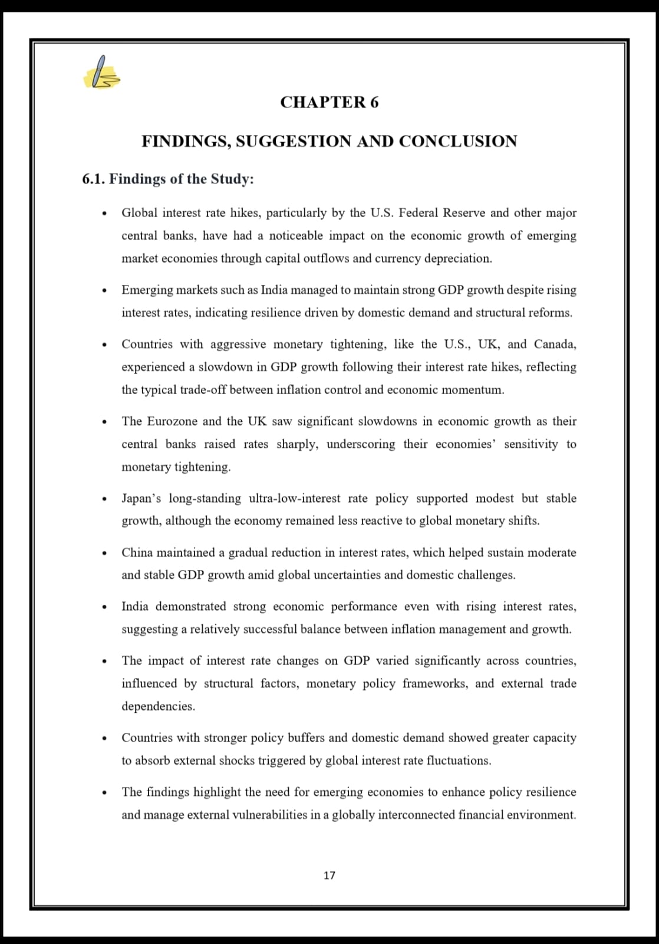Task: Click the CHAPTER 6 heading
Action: click(329, 102)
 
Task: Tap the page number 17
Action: click(329, 876)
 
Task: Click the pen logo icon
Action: click(103, 73)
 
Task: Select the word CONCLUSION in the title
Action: click(458, 142)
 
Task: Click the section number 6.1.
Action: click(94, 179)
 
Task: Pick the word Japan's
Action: click(141, 499)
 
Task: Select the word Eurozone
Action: click(171, 421)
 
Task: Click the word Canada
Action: click(555, 344)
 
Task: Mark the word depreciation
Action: click(458, 258)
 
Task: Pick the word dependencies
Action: click(157, 706)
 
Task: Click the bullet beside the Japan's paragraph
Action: click(104, 499)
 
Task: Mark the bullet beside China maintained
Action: click(104, 553)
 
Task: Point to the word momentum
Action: click(475, 390)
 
